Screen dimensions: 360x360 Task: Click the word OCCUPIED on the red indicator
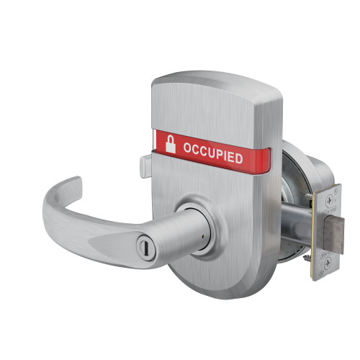tap(212, 153)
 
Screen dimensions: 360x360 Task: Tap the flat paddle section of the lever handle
tap(115, 220)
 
